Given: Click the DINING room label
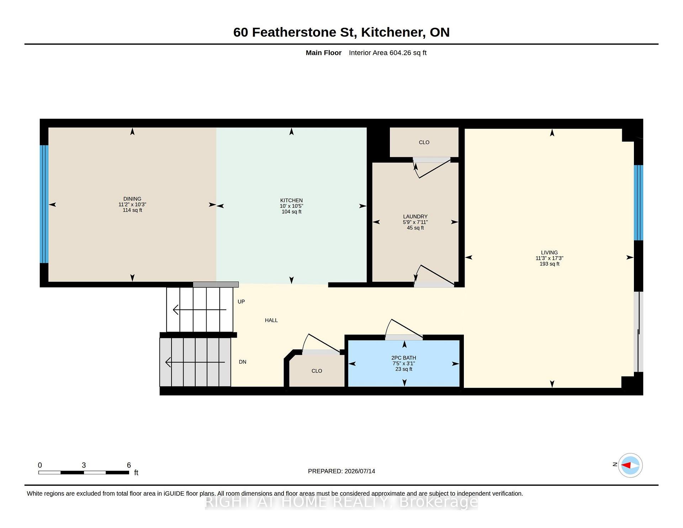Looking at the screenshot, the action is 132,199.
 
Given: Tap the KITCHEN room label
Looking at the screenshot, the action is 291,200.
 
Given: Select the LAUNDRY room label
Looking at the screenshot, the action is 415,216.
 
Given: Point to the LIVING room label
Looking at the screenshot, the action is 549,253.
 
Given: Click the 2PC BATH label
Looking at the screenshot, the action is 404,358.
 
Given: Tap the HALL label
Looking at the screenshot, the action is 271,320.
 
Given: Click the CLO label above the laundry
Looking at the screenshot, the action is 424,142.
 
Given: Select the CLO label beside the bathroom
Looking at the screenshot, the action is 317,371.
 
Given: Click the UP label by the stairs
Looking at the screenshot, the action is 241,302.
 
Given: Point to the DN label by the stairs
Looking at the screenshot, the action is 243,362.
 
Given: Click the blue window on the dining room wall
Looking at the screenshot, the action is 44,204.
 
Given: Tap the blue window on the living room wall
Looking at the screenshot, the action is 639,203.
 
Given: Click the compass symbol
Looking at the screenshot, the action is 630,465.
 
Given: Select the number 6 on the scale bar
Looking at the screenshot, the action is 129,465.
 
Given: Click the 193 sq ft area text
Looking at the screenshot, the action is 549,264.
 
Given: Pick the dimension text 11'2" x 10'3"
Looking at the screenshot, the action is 132,205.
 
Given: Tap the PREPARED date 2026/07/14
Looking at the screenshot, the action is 360,471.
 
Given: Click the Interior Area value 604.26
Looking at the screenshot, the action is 400,53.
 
